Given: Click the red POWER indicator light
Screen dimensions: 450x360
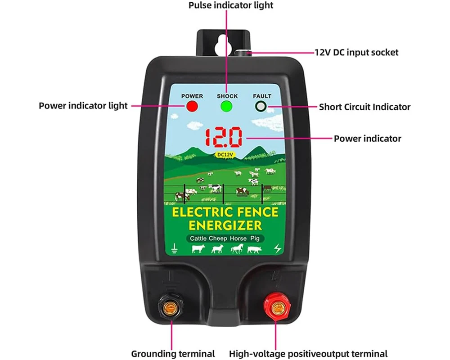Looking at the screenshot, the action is (192, 107).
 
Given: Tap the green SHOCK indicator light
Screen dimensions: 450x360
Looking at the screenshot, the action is (226, 107).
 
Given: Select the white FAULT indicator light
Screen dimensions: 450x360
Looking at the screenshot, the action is (261, 107).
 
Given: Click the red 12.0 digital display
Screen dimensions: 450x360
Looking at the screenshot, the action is (223, 137).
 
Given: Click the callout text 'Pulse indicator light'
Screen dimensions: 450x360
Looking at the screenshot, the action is (231, 5).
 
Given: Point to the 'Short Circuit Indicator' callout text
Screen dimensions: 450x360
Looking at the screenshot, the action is (364, 107).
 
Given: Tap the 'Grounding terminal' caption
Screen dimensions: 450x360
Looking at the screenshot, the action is (173, 354).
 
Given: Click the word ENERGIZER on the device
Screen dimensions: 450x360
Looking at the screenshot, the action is (225, 225).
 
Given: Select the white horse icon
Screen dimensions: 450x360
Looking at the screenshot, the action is (237, 248).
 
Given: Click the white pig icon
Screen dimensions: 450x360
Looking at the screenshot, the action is (254, 250).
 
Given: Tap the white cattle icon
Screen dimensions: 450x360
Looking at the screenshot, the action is (198, 249).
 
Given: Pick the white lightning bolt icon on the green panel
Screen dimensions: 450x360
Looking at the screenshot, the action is (277, 248).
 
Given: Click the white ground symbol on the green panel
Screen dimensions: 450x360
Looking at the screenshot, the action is (174, 249).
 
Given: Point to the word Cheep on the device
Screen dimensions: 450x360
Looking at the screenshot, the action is (218, 238).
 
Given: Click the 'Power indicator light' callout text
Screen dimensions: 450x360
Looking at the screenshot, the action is (83, 106).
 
